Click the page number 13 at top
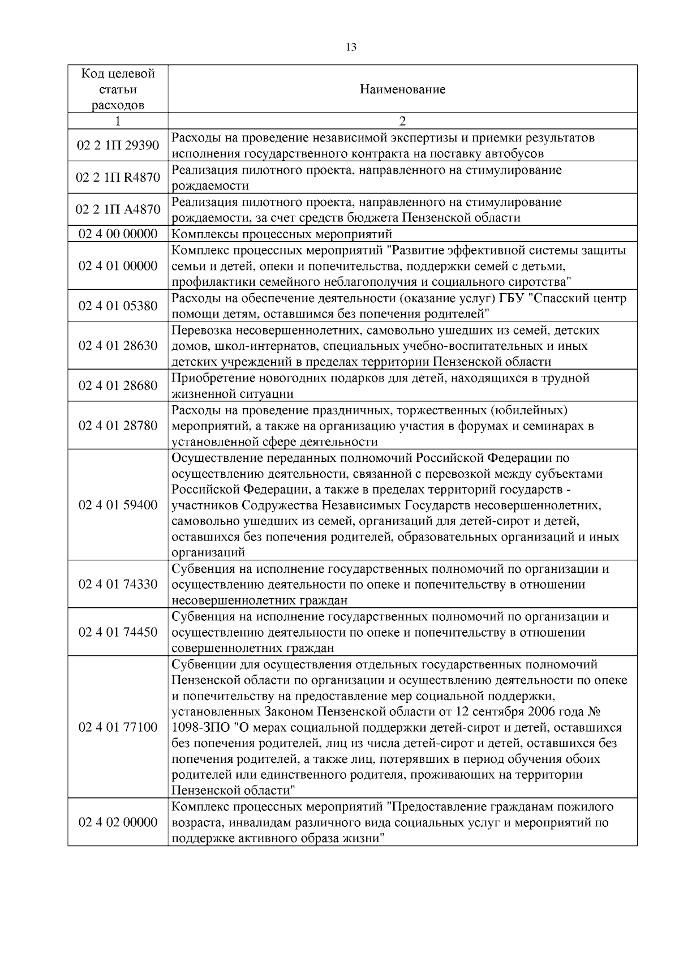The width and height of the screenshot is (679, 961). [x=351, y=47]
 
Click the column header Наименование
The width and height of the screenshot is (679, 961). [x=402, y=89]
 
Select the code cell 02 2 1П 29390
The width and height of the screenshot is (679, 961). [x=118, y=145]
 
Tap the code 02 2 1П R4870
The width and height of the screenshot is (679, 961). [x=118, y=178]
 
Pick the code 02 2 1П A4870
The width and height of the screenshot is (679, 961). [x=118, y=209]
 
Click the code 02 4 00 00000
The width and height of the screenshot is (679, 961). [x=118, y=234]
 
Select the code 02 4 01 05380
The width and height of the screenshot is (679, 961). [x=118, y=306]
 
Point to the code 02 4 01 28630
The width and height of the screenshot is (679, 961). [x=118, y=345]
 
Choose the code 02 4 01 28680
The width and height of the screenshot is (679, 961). [x=118, y=385]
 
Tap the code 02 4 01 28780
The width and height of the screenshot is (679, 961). [x=118, y=425]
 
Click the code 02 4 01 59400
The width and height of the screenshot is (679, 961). [x=118, y=505]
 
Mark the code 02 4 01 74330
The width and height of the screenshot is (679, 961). [x=118, y=584]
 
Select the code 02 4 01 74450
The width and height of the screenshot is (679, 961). [x=118, y=632]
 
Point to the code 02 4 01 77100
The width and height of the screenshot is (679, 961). [x=118, y=727]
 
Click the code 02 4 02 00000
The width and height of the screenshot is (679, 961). [x=118, y=822]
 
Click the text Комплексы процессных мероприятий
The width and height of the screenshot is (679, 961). [x=282, y=234]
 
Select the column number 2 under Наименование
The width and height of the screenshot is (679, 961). [x=402, y=121]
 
